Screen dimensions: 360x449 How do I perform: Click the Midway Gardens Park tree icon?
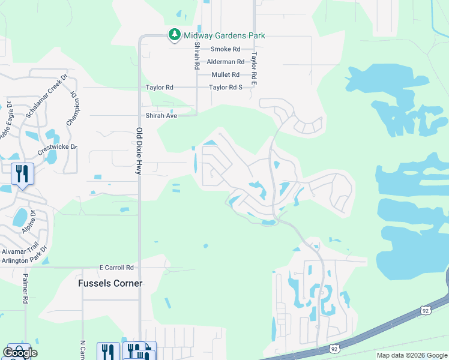(174, 35)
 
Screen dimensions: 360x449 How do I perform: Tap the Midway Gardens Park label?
(224, 35)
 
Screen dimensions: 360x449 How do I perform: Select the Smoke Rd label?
(225, 49)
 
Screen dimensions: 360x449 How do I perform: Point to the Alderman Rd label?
(225, 62)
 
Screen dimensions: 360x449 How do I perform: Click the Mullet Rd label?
(225, 75)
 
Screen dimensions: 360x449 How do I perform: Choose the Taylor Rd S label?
(225, 88)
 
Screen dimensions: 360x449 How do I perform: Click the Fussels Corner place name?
(110, 283)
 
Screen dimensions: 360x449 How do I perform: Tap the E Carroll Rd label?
(116, 268)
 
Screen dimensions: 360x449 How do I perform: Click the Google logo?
(20, 353)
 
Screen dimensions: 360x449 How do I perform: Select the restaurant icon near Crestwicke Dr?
(22, 174)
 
